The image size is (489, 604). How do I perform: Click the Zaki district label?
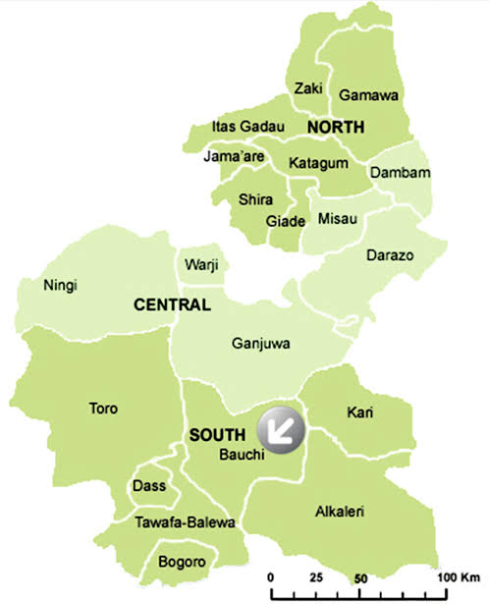[308, 88]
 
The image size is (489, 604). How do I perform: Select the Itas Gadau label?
[247, 127]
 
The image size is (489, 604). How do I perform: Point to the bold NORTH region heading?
[335, 128]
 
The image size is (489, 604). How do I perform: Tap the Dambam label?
[396, 174]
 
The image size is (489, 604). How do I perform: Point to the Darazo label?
[392, 256]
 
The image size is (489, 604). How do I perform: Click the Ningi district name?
[60, 286]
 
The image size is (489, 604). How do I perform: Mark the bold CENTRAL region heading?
[173, 305]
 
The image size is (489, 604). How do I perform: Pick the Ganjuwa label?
[256, 344]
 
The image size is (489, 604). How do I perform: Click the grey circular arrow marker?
[281, 429]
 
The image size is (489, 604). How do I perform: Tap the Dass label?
[149, 486]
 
